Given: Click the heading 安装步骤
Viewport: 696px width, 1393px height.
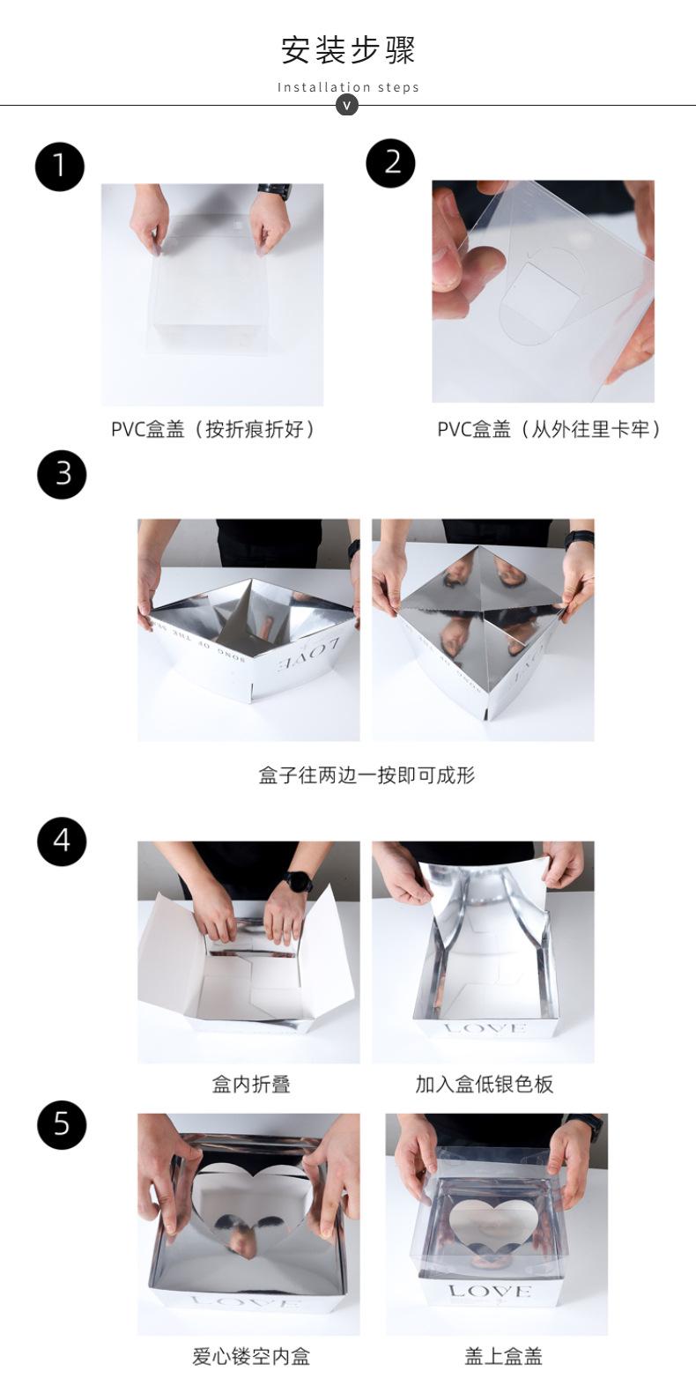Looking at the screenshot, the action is pos(348,50).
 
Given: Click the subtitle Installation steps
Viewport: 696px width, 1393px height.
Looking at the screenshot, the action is pos(348,87).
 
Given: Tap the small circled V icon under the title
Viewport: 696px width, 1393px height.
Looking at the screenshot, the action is pos(347,105).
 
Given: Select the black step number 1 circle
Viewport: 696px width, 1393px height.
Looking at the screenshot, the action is pos(59,166).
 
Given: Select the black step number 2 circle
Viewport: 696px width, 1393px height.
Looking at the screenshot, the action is pos(390,163).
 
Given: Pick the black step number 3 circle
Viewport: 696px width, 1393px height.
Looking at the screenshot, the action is pos(63,475).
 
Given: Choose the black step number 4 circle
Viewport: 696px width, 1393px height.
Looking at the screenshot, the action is pos(63,841).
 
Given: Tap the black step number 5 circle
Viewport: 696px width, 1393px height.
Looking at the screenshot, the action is pos(63,1124).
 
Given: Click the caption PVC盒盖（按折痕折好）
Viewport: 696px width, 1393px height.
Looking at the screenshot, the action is pos(213,429).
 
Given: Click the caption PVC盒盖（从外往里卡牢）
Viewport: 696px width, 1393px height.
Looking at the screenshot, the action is pos(549,429).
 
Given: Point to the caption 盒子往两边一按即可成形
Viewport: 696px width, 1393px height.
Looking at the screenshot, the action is pos(367,775).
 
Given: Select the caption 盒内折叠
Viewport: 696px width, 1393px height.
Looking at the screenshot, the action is pos(251,1084).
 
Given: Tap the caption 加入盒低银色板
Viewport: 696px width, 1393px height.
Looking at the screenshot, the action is pos(484,1084).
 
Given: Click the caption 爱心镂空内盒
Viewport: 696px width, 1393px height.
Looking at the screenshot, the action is pos(251,1356).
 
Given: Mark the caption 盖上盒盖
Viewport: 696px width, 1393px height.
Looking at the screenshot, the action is pos(503,1356).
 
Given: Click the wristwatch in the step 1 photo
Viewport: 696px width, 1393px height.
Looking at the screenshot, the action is pos(274,191).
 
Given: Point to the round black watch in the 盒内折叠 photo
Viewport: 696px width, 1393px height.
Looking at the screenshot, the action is pos(298,881).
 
